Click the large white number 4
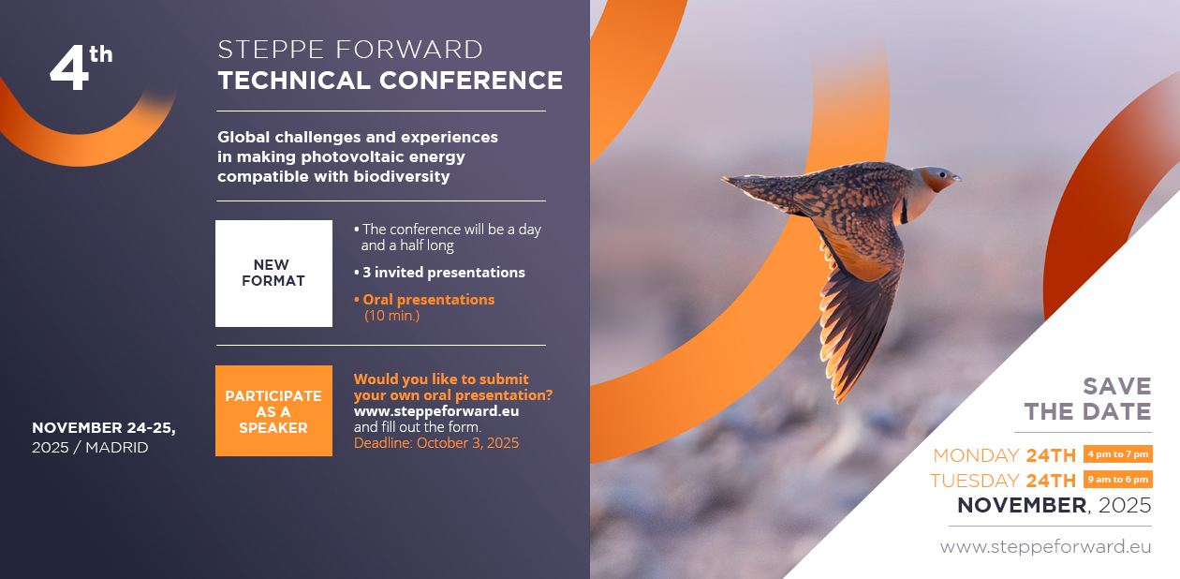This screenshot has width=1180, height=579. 69,67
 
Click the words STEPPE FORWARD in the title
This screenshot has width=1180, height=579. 350,50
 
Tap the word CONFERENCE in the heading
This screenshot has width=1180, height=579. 471,81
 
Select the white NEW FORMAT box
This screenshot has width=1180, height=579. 273,273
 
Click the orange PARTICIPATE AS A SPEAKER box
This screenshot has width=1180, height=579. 273,410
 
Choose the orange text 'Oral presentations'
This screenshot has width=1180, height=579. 428,300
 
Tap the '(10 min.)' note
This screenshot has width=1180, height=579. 391,316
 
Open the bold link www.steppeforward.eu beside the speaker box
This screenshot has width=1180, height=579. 436,411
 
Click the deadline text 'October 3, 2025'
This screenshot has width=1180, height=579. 467,442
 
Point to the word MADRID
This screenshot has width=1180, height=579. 116,447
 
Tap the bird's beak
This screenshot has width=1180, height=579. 955,179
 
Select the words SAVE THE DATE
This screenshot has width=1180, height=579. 1087,399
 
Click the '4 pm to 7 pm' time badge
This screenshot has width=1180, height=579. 1118,454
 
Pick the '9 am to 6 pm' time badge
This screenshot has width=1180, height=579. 1118,480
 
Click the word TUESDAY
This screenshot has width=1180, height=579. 975,481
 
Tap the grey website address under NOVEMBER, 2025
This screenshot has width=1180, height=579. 1045,547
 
